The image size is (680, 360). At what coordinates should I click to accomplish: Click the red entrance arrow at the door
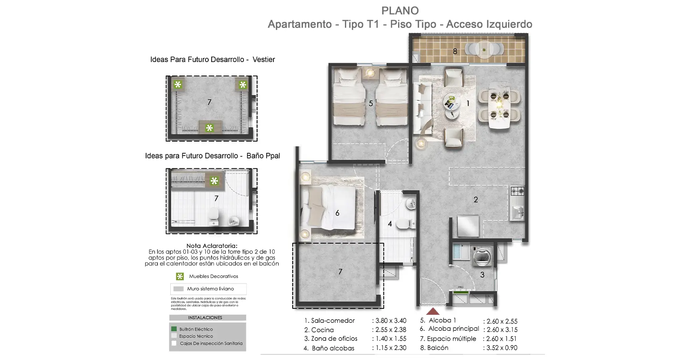pyautogui.click(x=433, y=311)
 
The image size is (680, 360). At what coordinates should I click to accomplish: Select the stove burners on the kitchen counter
pyautogui.click(x=518, y=191)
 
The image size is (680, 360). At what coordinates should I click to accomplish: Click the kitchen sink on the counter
pyautogui.click(x=518, y=212)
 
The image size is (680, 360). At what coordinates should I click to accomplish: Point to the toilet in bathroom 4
pyautogui.click(x=407, y=224)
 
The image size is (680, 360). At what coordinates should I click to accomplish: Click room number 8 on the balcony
pyautogui.click(x=455, y=51)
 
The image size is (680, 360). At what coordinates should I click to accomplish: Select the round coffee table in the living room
pyautogui.click(x=451, y=102)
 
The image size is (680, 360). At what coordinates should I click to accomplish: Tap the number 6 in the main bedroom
pyautogui.click(x=337, y=213)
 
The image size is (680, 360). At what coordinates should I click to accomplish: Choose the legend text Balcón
pyautogui.click(x=438, y=348)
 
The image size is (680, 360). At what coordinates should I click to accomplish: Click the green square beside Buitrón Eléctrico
pyautogui.click(x=174, y=329)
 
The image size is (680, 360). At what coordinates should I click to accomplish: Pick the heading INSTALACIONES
pyautogui.click(x=205, y=318)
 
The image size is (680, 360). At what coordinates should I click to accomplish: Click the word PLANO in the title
pyautogui.click(x=400, y=11)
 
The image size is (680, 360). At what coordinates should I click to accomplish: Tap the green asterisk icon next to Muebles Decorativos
pyautogui.click(x=180, y=276)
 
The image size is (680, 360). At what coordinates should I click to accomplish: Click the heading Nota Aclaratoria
pyautogui.click(x=211, y=246)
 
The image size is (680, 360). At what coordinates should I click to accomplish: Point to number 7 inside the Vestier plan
pyautogui.click(x=209, y=102)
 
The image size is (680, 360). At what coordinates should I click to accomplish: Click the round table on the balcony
pyautogui.click(x=485, y=50)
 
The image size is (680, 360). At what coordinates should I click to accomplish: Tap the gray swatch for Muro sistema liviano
pyautogui.click(x=178, y=289)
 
